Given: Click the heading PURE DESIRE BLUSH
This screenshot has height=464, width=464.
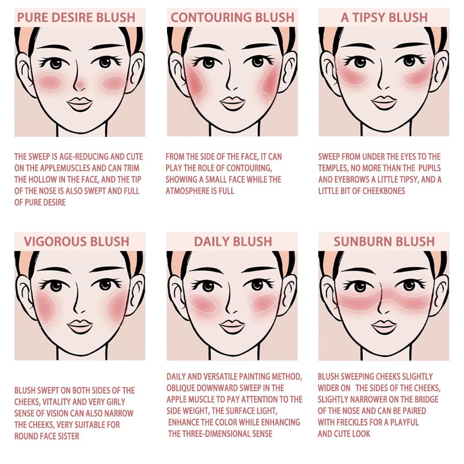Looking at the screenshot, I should pos(76,18).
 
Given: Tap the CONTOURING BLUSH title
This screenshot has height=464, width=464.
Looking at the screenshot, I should pos(232,18).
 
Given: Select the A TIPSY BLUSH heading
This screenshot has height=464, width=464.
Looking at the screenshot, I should pos(384,18).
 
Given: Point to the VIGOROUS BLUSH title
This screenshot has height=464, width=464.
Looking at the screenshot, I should pos(77,241).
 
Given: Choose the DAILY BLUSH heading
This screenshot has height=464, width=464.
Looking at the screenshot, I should pos(232,241).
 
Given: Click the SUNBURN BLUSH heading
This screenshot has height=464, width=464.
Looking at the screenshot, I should pos(384,241).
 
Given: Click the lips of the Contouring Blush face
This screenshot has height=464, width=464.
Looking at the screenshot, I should pos(232,103).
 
